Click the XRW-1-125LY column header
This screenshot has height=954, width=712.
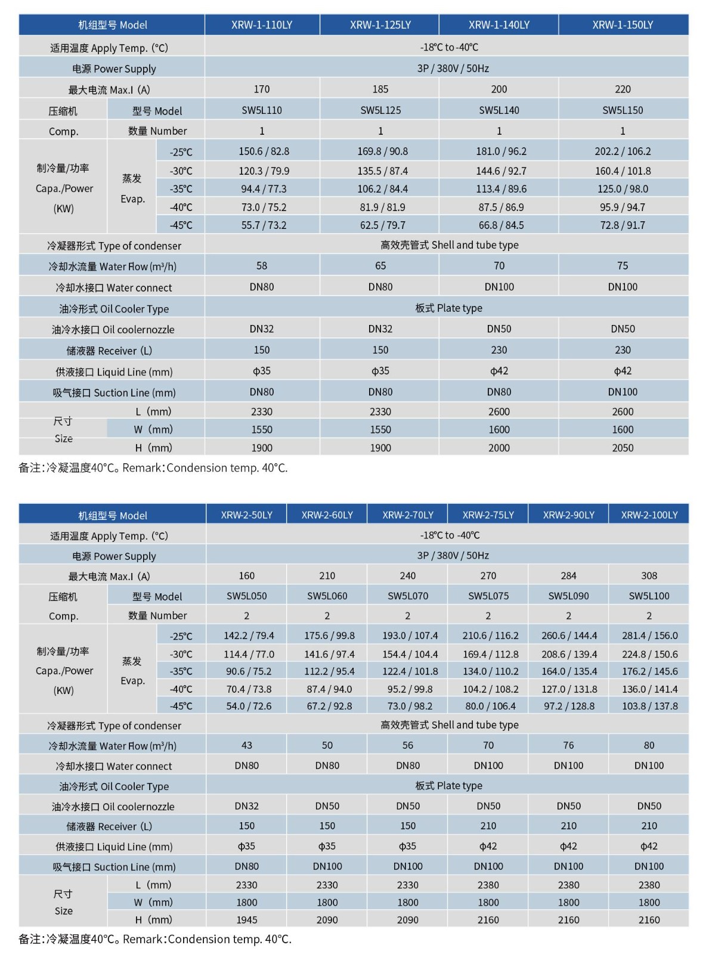tap(380, 25)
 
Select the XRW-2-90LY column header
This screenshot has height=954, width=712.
tap(568, 515)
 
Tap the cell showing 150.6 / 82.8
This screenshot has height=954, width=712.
tap(262, 151)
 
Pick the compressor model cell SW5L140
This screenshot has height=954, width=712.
tap(499, 110)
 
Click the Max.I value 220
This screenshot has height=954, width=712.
tap(623, 89)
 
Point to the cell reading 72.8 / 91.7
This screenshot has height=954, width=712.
tap(623, 225)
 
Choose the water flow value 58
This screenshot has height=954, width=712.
tap(262, 266)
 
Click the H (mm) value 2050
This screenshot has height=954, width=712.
tap(623, 448)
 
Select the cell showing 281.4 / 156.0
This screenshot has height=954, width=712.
tap(649, 636)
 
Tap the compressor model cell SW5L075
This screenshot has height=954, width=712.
tap(488, 596)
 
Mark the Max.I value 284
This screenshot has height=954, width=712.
tap(568, 576)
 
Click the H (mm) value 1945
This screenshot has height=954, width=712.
tap(246, 920)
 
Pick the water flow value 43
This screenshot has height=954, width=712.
tap(246, 745)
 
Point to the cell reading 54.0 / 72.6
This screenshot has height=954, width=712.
tap(246, 706)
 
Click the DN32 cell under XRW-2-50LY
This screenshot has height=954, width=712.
tap(246, 806)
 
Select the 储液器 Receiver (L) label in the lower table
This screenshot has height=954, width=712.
tap(109, 826)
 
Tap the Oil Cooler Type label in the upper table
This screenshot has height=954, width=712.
tap(114, 309)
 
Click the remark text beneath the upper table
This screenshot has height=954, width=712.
tap(153, 468)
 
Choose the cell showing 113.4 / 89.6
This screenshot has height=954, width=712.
tap(499, 189)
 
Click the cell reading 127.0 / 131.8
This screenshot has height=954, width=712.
tap(568, 689)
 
